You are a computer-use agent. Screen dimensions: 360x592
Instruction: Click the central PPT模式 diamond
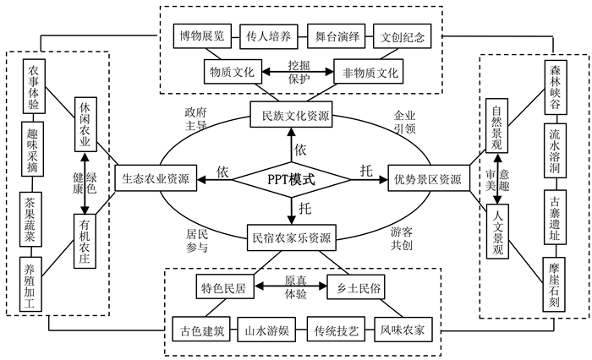pos(290,179)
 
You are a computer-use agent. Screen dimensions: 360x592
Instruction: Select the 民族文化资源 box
pos(290,115)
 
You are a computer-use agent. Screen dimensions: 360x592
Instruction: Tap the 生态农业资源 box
pos(155,179)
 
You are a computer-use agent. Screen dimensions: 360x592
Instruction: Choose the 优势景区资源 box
pos(427,179)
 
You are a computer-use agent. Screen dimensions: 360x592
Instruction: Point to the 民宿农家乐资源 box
pos(290,239)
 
